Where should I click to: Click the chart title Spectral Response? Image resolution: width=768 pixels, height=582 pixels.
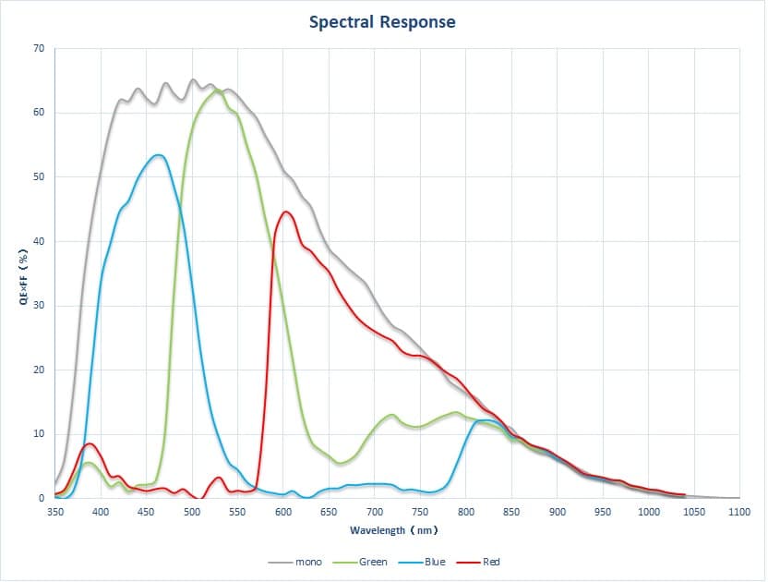tap(382, 21)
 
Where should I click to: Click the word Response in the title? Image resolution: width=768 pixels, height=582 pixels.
tap(418, 21)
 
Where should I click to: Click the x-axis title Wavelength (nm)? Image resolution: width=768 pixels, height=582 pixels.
tap(393, 530)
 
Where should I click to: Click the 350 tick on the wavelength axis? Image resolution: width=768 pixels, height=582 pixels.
tap(55, 511)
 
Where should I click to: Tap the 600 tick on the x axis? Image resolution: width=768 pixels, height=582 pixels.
tap(283, 511)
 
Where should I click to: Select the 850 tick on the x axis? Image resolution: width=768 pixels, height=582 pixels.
tap(511, 511)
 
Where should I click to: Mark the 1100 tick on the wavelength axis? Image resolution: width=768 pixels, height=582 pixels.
tap(739, 511)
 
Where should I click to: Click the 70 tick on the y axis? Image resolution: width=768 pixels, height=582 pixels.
tap(38, 48)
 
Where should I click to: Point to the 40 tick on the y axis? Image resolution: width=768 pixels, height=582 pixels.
tap(38, 241)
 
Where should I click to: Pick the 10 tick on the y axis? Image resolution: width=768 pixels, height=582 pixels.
tap(38, 434)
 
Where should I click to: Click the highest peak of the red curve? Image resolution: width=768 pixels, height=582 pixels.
tap(286, 212)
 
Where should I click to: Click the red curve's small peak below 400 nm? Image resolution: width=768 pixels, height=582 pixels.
tap(89, 443)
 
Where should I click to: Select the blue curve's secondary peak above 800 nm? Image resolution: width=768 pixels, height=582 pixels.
tap(486, 420)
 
